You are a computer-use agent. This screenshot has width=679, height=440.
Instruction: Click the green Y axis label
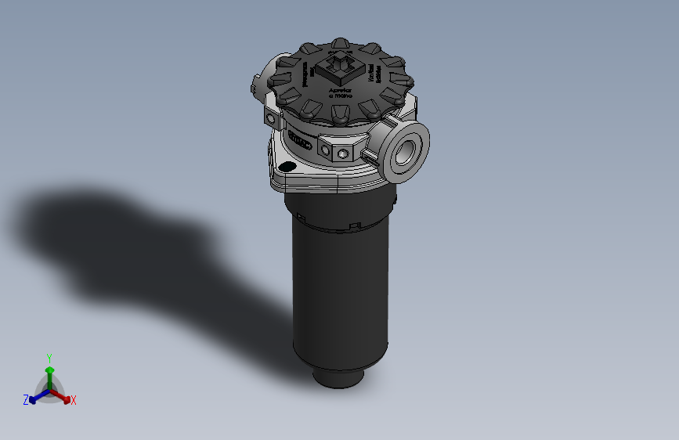pos(49,357)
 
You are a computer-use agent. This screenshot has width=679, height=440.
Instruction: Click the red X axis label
pos(74,401)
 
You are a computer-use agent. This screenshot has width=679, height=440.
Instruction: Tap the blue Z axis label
pos(26,400)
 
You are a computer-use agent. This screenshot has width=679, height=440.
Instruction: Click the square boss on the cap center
pos(341,68)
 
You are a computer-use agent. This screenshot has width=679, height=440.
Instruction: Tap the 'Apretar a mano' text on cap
pos(341,93)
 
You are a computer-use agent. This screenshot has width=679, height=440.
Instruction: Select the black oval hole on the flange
pos(287,166)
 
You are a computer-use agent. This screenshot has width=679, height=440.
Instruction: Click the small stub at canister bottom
pos(338,378)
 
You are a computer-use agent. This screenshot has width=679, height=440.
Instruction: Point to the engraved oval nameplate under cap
pos(300,140)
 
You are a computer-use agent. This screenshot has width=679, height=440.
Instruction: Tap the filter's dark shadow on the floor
pos(117,235)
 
